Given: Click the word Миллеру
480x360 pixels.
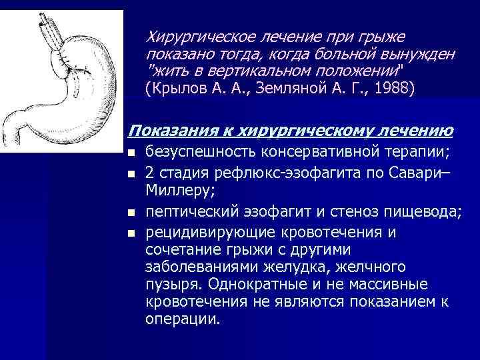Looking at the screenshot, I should [174, 193].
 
